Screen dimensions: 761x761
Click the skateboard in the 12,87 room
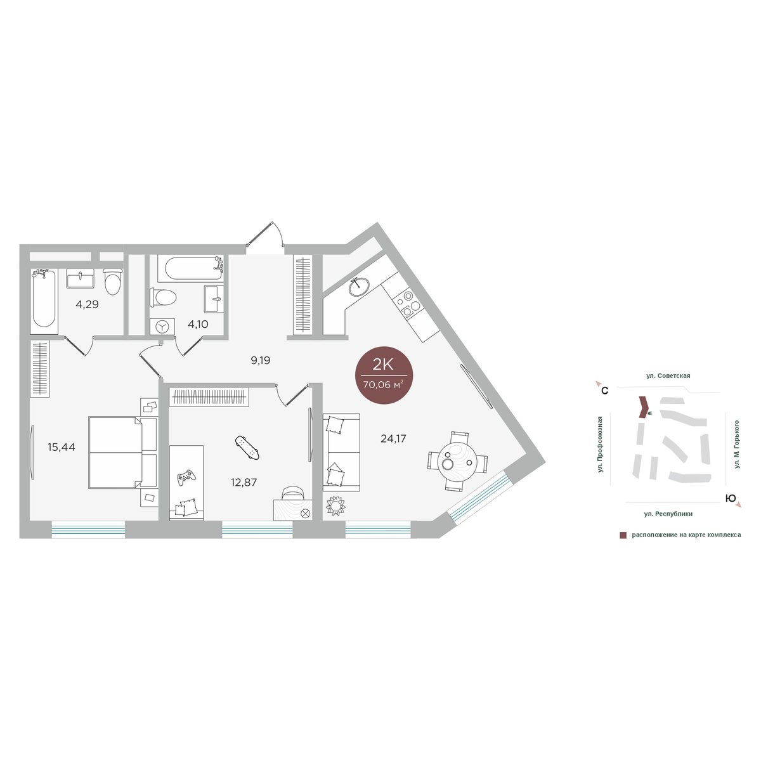247,448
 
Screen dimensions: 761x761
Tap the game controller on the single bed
186,478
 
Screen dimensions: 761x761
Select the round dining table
457,461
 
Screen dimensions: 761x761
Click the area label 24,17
393,438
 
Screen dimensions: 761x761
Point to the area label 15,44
62,447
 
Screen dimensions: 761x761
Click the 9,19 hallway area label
260,360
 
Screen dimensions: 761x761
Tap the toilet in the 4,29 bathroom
112,282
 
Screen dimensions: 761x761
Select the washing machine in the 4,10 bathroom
162,327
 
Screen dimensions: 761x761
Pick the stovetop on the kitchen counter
407,304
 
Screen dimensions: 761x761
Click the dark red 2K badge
384,375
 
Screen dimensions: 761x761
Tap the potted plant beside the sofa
335,506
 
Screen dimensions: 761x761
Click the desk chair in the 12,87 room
292,493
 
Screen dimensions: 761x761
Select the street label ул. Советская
668,375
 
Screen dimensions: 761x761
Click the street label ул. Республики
668,514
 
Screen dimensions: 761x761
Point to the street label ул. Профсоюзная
601,445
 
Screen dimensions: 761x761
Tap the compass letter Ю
731,498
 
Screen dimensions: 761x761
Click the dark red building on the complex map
643,407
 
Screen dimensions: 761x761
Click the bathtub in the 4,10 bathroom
191,268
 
